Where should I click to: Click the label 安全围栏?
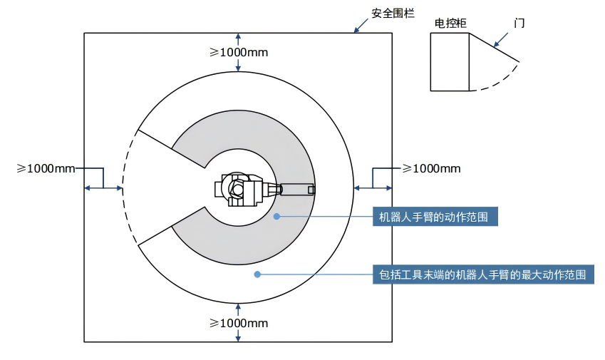pos(393,13)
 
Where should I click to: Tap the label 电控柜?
pos(450,23)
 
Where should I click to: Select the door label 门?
pos(519,23)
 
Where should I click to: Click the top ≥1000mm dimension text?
pos(238,52)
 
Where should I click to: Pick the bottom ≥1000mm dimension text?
pos(238,323)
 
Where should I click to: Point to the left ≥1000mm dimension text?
pos(46,168)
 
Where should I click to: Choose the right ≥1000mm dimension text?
pos(431,168)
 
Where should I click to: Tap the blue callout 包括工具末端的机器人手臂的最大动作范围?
pos(482,274)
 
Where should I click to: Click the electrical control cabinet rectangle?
pos(450,63)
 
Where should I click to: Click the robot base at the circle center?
pos(235,189)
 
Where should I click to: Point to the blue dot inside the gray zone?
pos(277,216)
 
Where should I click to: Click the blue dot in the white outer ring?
pos(257,274)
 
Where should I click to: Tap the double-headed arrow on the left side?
pos(103,188)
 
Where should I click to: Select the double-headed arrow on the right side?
pos(373,188)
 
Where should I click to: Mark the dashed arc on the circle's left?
pos(123,189)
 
